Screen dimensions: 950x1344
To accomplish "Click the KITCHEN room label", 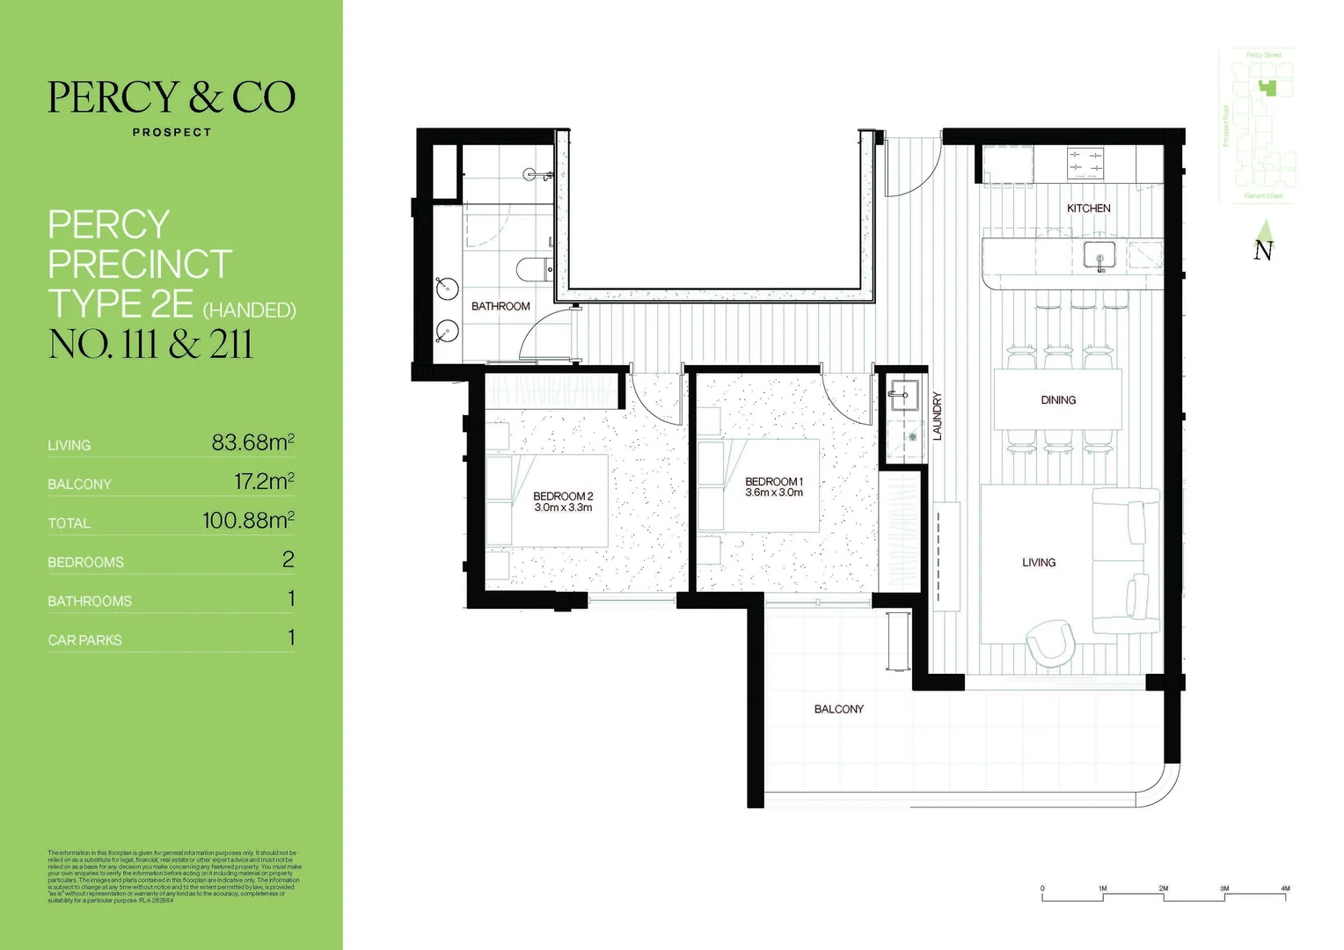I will coord(1088,208).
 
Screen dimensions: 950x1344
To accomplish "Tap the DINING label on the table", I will coord(1057,400).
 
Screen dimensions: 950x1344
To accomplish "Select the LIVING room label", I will coord(1038,563).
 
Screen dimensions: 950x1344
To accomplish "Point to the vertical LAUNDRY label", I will coord(937,416).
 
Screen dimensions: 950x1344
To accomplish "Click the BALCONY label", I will coord(838,709).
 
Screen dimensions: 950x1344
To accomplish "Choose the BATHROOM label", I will coord(500,306).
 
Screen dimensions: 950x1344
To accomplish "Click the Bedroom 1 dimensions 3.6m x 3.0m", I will coord(774,493).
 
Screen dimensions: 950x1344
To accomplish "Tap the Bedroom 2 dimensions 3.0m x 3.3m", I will coord(563,508).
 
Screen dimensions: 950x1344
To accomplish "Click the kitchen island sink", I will coord(1099,254).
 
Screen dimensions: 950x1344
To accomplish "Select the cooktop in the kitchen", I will coord(1085,163).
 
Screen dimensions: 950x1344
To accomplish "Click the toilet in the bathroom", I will coord(534,269).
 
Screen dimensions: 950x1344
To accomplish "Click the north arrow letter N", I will coord(1263,251).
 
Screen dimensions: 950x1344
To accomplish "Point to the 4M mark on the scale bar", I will coord(1285,889).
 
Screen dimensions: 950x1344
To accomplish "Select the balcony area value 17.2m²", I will coord(263,482).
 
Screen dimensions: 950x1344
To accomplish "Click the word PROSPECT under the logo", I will coord(172,133).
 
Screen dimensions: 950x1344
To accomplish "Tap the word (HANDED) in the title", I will coord(249,311).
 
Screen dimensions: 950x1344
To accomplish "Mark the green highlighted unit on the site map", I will coord(1267,87).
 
